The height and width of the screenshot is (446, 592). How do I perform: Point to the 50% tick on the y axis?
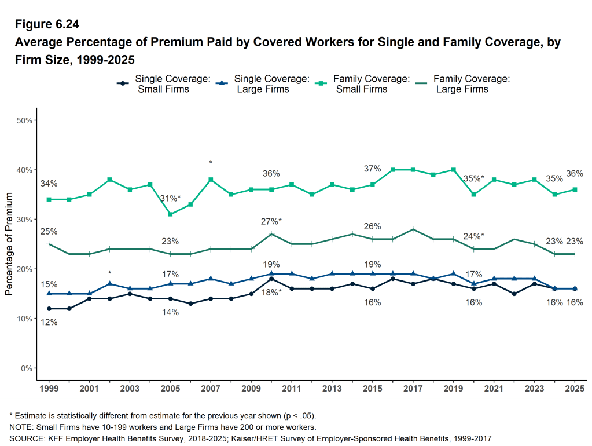point(27,120)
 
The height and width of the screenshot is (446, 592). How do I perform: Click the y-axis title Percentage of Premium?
point(9,244)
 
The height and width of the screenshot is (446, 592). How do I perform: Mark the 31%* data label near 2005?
point(170,198)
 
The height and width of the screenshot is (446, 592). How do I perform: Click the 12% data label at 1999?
point(49,323)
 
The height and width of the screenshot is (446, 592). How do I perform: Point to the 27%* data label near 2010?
point(271,221)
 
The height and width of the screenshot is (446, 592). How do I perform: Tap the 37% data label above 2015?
point(372,169)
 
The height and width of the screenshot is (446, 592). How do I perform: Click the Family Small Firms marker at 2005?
point(170,214)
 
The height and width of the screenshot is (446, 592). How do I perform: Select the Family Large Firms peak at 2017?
point(413,229)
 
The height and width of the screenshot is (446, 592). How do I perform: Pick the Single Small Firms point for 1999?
point(49,309)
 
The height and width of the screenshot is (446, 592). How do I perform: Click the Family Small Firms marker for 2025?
point(575,189)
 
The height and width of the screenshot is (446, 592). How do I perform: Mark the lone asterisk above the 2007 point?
point(211,163)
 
